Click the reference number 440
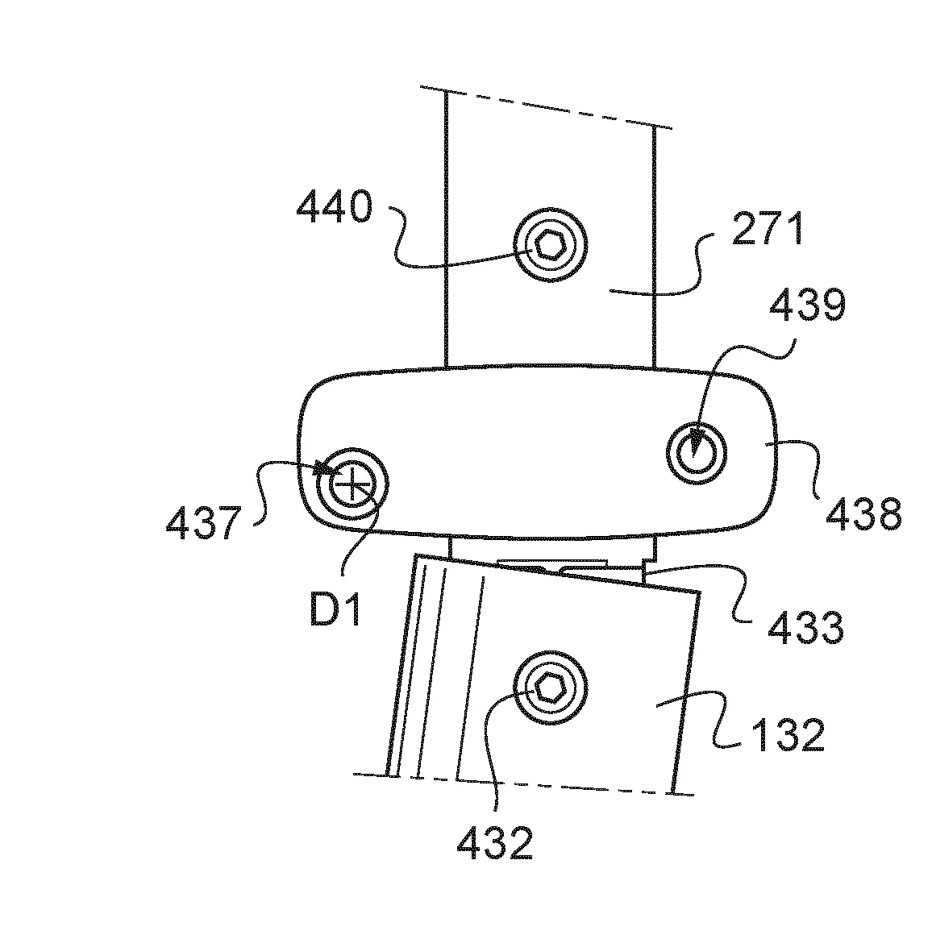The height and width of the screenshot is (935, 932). coord(335,207)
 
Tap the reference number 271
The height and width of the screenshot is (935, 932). coord(768,229)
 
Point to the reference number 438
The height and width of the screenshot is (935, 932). coord(862,513)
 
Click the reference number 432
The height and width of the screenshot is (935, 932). coord(494,844)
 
